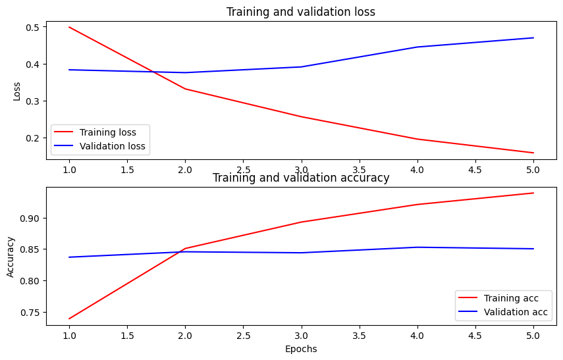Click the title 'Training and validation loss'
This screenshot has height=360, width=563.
point(300,12)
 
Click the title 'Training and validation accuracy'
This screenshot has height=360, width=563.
point(300,178)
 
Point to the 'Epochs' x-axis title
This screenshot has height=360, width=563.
point(301,349)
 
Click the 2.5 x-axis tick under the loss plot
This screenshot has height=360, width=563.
point(243,170)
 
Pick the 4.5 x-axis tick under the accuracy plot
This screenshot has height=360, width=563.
point(475,335)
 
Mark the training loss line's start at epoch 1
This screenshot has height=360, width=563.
point(68,27)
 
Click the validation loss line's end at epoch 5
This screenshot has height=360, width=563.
point(533,38)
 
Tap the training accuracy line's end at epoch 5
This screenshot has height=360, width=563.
point(533,193)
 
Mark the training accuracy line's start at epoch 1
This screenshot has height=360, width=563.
point(68,319)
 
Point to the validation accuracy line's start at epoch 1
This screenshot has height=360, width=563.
point(68,257)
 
